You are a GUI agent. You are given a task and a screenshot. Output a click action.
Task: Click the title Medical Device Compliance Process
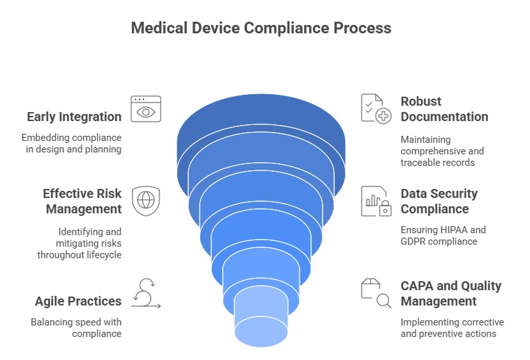click(x=261, y=28)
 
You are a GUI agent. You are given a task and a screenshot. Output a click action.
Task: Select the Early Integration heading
click(x=74, y=117)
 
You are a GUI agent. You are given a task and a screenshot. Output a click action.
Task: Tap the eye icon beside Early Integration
click(x=146, y=110)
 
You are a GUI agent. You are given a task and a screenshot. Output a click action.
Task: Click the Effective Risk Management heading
click(x=82, y=201)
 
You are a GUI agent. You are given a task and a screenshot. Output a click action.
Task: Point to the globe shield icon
click(x=145, y=200)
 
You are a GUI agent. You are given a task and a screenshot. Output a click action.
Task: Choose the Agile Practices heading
click(x=79, y=301)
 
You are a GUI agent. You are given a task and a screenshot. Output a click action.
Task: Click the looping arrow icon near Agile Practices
click(x=146, y=293)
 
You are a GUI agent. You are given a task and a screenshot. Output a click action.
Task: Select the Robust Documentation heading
click(x=444, y=109)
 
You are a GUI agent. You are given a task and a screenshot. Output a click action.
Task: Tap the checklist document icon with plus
click(x=376, y=108)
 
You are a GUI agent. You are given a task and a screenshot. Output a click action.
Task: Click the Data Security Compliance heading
click(x=439, y=201)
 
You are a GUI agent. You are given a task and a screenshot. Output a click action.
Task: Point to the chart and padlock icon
click(x=376, y=201)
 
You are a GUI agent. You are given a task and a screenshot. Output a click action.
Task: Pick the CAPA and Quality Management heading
click(x=451, y=293)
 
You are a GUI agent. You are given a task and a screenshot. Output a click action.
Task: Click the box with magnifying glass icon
click(x=376, y=293)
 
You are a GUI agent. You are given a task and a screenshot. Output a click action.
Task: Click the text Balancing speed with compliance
click(x=76, y=327)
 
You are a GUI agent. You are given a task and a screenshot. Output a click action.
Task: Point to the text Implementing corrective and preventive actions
click(x=452, y=327)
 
